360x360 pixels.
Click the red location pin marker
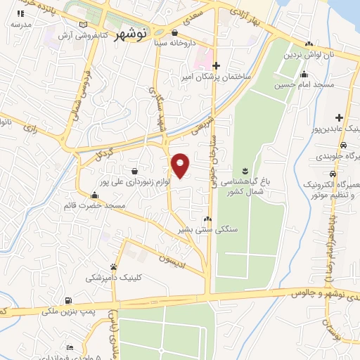coord(180,165)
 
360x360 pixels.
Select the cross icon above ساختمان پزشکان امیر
coord(217,65)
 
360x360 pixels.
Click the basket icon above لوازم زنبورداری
coord(134,170)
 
